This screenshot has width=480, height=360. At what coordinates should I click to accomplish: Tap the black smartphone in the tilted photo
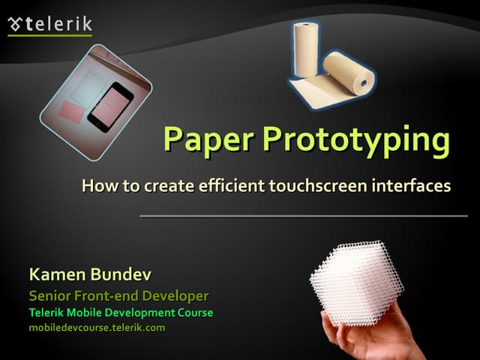point(109,106)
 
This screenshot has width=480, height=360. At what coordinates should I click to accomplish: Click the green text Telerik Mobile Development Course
point(121,313)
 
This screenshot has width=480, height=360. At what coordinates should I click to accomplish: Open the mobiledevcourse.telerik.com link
point(97,328)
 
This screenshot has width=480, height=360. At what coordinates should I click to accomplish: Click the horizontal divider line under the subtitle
point(303,216)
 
